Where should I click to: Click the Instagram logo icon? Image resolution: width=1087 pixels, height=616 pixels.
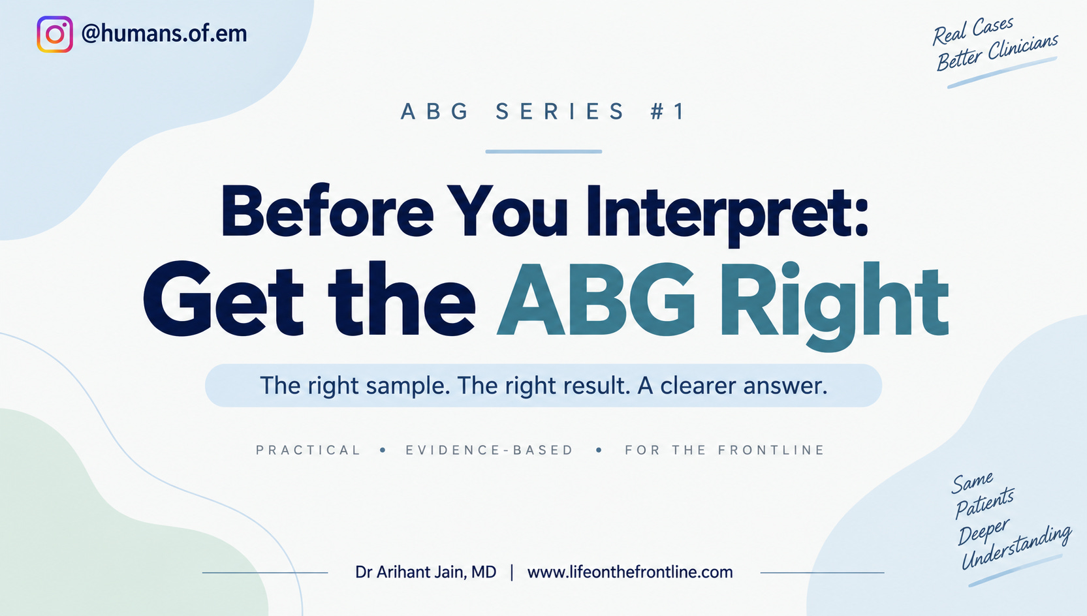click(x=55, y=34)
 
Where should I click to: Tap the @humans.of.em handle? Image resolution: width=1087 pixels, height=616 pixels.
click(x=164, y=33)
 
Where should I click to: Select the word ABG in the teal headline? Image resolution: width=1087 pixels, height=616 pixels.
click(x=597, y=300)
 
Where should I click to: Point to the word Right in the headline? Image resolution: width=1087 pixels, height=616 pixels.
click(x=834, y=305)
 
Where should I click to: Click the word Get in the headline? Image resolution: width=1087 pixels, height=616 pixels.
click(x=223, y=300)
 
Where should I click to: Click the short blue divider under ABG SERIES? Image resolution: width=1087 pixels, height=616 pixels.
click(x=543, y=152)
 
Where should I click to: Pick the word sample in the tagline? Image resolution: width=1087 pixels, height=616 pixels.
click(x=407, y=386)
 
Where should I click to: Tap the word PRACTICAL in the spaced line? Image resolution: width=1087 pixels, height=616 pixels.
click(x=308, y=450)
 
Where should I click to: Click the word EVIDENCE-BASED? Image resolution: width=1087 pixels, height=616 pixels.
click(x=490, y=450)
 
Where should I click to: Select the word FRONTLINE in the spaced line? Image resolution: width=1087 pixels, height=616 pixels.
click(x=772, y=450)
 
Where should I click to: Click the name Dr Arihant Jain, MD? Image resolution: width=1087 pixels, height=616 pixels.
click(x=426, y=572)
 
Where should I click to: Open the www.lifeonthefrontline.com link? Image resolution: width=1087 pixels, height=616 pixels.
click(x=630, y=572)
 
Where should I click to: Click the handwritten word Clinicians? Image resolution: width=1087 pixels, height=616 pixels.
click(x=1024, y=49)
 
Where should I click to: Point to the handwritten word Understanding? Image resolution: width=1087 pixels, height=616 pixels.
click(x=1016, y=547)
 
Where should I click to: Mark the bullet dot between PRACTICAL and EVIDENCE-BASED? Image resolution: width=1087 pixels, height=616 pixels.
click(x=383, y=450)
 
